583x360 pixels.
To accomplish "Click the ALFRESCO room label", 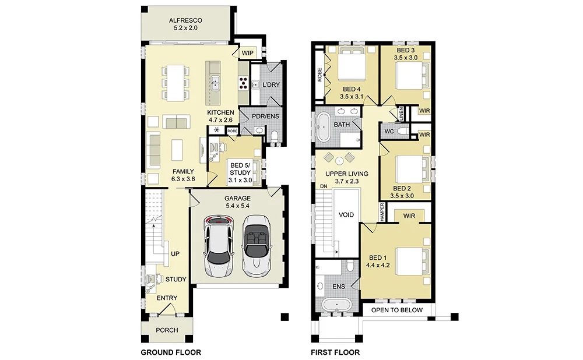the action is click(x=185, y=20).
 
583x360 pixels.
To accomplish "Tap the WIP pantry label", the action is click(x=248, y=53).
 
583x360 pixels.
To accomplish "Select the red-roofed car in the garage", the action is click(x=219, y=246).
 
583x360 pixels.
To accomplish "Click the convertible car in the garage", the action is click(x=256, y=246).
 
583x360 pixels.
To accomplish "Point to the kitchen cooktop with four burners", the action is click(x=243, y=83).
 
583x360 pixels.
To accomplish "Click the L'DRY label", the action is click(x=271, y=84).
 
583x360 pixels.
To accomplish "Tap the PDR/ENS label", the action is click(x=265, y=117).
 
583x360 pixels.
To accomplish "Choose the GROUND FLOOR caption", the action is click(x=171, y=352).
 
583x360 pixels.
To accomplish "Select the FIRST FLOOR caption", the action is click(x=335, y=352).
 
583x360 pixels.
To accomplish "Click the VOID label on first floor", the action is click(x=346, y=215).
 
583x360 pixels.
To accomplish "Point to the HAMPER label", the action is click(x=382, y=212).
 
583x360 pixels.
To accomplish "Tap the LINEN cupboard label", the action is click(x=401, y=114).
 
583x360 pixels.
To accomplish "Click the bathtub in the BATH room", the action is click(x=323, y=126).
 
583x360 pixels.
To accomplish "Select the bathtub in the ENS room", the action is click(x=337, y=305).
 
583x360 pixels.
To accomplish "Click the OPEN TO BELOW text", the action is click(x=396, y=310).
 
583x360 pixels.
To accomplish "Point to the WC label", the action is click(x=389, y=132).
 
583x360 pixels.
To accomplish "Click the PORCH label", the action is click(x=167, y=330).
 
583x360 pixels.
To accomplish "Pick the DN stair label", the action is click(x=324, y=186).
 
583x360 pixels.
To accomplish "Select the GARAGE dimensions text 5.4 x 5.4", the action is click(x=237, y=206).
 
